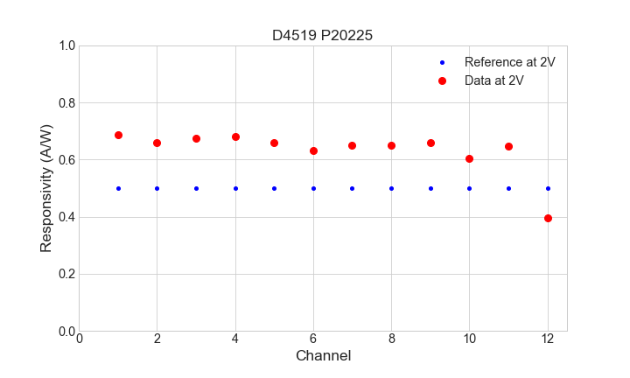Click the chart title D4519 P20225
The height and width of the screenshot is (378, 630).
coord(323,35)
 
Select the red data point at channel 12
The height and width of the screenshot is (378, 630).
coord(548,218)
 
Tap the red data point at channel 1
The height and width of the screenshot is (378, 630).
coord(118,135)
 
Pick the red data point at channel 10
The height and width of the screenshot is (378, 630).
coord(469,158)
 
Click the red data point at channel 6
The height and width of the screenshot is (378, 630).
coord(313,150)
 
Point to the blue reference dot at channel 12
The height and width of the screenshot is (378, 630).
coord(548,188)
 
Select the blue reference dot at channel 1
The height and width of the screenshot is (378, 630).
coord(118,188)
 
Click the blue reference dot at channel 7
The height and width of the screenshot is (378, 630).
coord(352,188)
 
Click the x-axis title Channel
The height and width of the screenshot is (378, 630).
coord(323,356)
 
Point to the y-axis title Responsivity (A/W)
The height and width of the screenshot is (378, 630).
coord(46,188)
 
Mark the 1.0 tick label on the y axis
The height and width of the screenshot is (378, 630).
coord(66,45)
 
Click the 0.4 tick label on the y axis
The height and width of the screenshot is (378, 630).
coord(66,217)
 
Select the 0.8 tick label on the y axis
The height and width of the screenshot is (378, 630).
coord(66,103)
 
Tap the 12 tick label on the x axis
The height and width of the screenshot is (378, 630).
coord(548,339)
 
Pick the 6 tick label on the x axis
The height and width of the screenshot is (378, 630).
coord(313,339)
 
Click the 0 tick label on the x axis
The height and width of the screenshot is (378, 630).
coord(80,339)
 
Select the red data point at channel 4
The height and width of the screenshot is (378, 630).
coord(235,136)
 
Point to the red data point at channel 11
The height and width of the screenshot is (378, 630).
coord(508,146)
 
